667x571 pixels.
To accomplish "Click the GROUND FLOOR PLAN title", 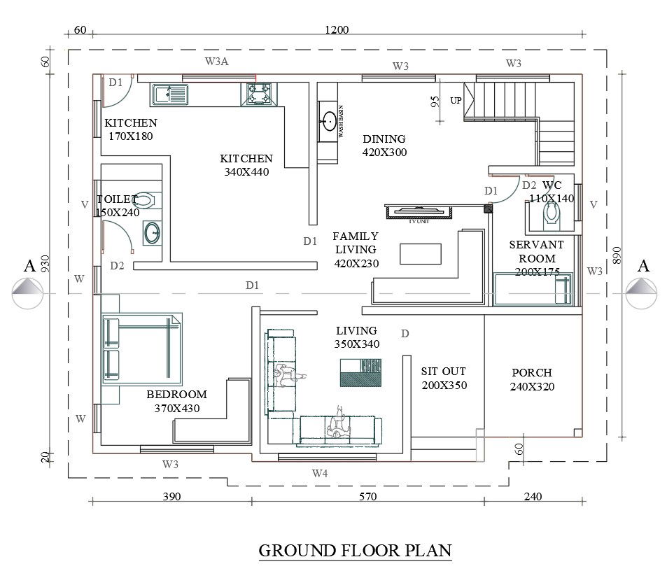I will point(355,550).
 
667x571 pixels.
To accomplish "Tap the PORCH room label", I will point(531,379).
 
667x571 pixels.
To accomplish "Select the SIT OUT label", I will point(443,378).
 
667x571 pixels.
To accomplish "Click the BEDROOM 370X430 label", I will point(177,401).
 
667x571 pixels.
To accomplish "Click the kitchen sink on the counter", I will point(169,94).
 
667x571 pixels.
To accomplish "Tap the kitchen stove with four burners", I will point(259,94).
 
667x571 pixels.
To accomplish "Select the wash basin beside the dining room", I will point(328,121).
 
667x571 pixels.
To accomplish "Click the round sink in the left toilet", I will point(152,232).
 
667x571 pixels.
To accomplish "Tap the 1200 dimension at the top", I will point(337,30).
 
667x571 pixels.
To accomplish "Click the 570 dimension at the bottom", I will point(367,497).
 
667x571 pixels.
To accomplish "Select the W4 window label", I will point(320,474).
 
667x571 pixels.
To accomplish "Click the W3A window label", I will point(216,62).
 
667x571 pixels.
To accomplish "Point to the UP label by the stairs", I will point(456,101).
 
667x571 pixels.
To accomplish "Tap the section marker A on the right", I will point(643,266).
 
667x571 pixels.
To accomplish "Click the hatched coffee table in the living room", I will point(360,372).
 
